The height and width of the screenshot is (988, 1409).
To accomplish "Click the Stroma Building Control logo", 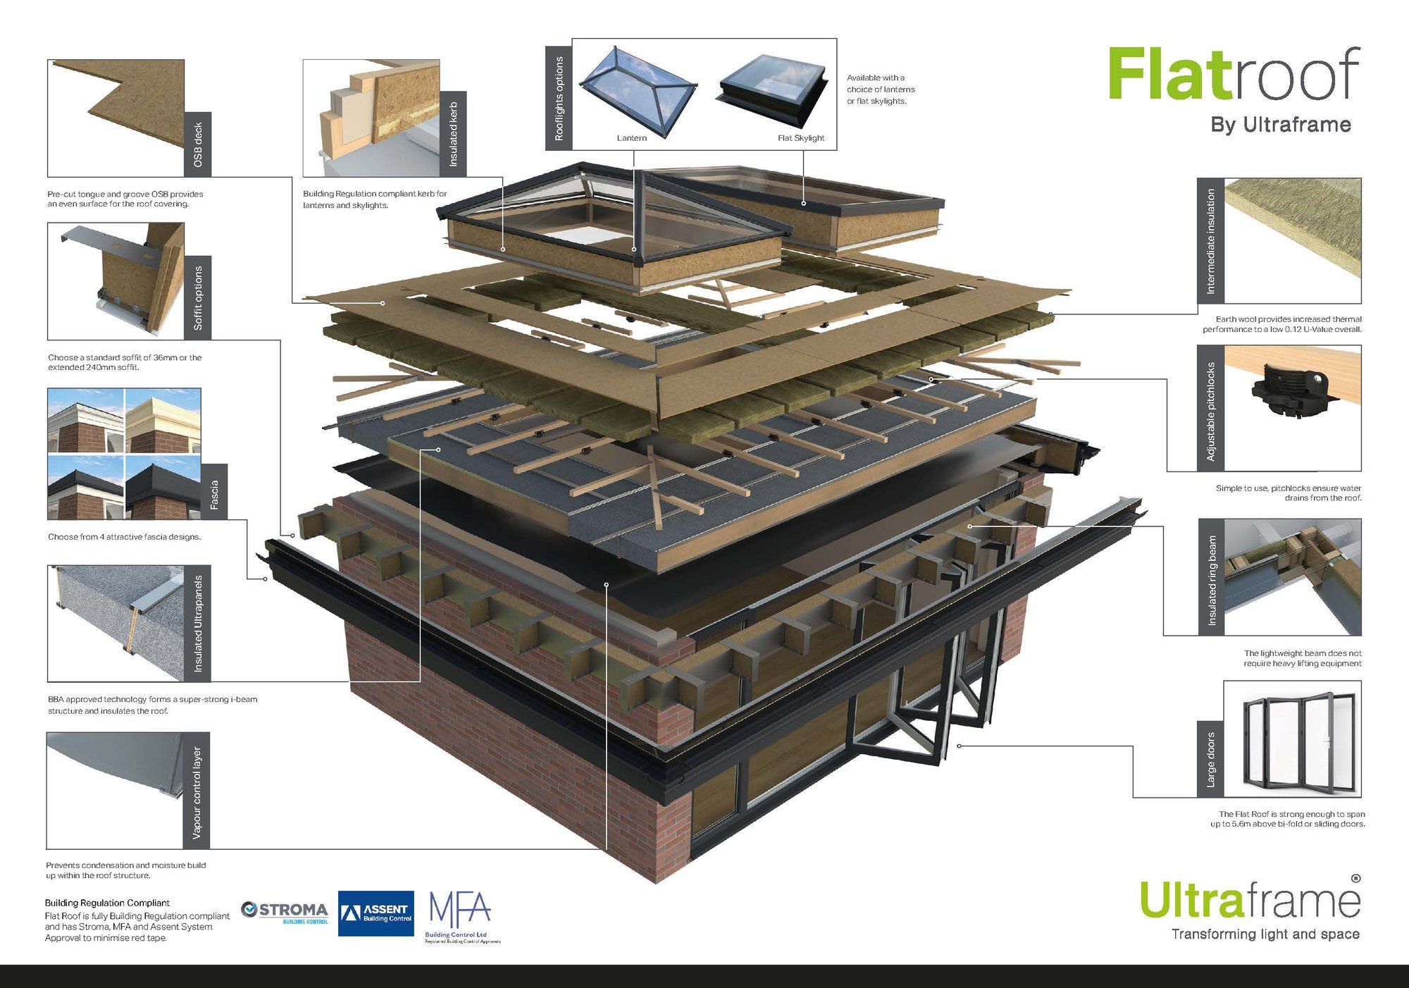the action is click(x=285, y=913).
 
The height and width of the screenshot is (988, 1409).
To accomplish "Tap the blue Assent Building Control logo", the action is click(x=375, y=913).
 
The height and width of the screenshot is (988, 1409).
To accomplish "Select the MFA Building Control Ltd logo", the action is click(x=462, y=917).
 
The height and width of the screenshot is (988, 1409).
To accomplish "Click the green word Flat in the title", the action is click(x=1169, y=74).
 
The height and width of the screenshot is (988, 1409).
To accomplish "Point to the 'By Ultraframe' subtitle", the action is click(x=1281, y=125).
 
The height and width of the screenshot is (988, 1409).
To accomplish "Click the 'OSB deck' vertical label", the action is click(x=198, y=144).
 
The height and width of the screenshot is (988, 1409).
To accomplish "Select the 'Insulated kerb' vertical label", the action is click(x=453, y=134).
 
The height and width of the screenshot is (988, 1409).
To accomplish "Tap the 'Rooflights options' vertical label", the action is click(x=559, y=98).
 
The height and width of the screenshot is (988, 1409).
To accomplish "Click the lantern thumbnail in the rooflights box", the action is click(x=639, y=91).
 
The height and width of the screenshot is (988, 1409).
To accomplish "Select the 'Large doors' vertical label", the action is click(x=1210, y=760).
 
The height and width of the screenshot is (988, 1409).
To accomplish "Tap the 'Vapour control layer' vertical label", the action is click(x=197, y=791).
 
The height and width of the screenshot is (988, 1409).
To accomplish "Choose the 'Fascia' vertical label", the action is click(x=214, y=492).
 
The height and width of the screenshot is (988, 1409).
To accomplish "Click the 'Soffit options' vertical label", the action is click(x=198, y=297).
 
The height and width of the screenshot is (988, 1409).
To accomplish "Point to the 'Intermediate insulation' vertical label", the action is click(x=1210, y=241).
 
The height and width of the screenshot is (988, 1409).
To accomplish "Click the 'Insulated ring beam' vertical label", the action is click(x=1212, y=577).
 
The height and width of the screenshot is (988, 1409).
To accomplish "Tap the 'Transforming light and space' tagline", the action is click(x=1265, y=934).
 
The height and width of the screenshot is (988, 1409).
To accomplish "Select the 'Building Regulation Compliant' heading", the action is click(x=107, y=903).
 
